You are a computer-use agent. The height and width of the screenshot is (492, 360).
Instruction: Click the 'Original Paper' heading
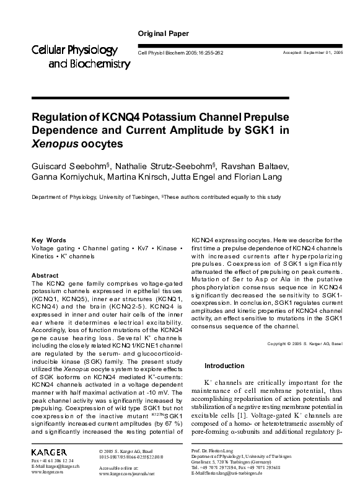163,33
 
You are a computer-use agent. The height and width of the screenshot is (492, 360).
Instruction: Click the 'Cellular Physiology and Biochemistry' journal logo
75,56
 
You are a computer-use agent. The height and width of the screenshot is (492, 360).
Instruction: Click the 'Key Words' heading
48,240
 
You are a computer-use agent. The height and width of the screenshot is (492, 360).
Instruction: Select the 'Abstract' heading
45,275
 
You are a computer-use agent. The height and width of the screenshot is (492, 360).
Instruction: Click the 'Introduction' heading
224,366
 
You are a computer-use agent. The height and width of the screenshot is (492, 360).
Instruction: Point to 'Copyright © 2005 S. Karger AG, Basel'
304,343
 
